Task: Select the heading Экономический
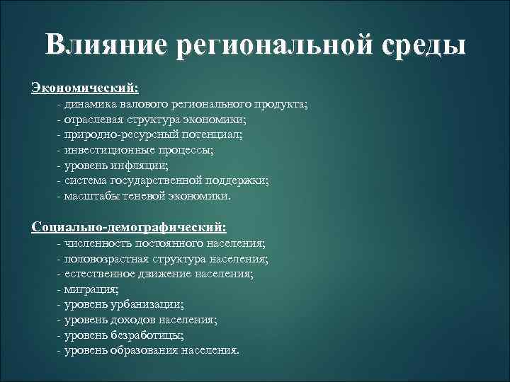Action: pos(85,88)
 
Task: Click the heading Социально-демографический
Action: pos(129,227)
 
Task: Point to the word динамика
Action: pos(90,105)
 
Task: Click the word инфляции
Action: pos(142,166)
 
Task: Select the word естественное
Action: pos(97,273)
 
